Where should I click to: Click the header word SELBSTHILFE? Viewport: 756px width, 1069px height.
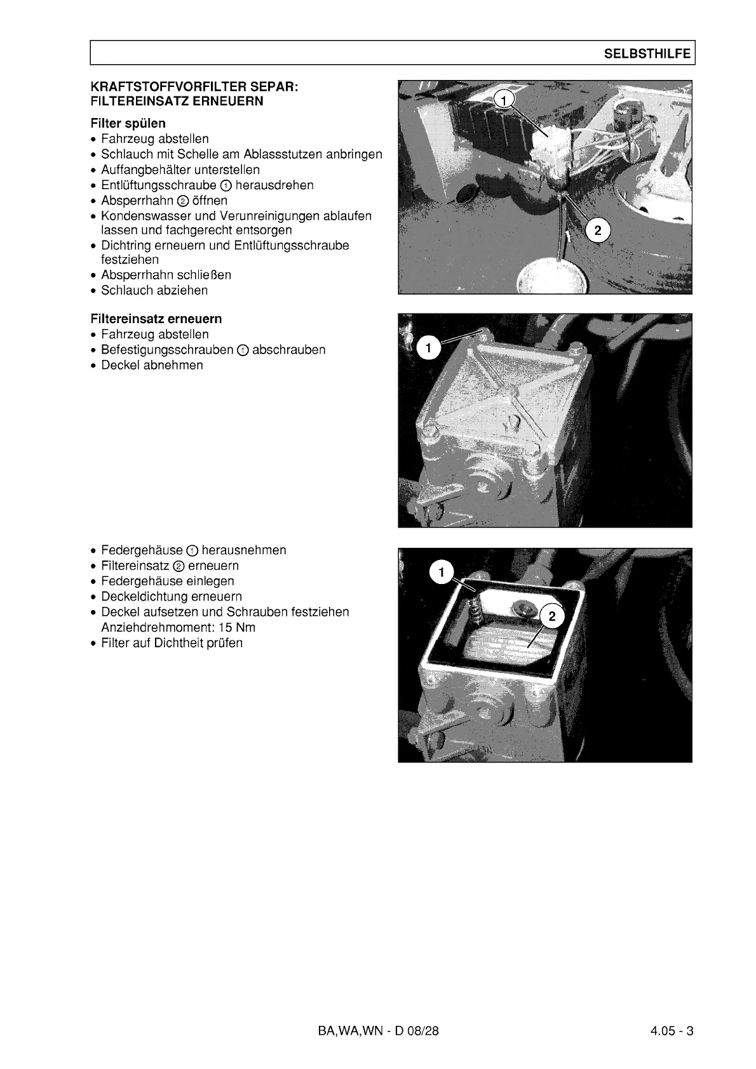coord(647,54)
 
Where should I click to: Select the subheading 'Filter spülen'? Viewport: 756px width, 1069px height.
coord(128,123)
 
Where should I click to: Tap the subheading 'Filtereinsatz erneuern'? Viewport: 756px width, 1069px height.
coord(156,319)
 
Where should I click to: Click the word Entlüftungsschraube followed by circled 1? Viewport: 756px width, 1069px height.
coord(159,185)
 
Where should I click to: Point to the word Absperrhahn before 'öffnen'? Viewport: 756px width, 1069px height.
coord(137,201)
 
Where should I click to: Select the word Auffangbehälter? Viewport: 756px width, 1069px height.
coord(145,169)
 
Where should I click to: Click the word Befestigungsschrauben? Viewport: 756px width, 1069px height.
coord(167,350)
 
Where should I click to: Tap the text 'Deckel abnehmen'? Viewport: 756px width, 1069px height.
coord(152,365)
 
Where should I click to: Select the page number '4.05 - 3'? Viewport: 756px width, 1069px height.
coord(672,1031)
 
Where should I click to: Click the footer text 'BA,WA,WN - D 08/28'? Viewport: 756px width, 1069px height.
coord(378,1031)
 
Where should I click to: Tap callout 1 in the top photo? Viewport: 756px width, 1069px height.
coord(503,100)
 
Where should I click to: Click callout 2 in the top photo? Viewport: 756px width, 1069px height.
coord(597,230)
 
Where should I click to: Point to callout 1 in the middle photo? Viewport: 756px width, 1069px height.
coord(429,348)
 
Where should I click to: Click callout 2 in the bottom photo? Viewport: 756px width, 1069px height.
coord(551,616)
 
